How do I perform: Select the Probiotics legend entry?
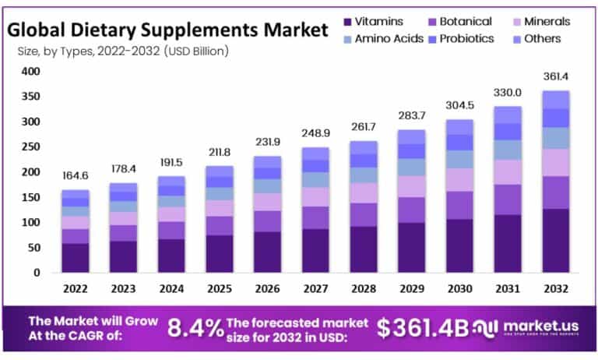click(x=465, y=38)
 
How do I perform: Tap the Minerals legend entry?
click(x=546, y=22)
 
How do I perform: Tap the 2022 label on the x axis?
click(x=75, y=288)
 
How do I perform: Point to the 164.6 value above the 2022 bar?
click(x=75, y=176)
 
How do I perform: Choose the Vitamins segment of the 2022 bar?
click(x=75, y=257)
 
